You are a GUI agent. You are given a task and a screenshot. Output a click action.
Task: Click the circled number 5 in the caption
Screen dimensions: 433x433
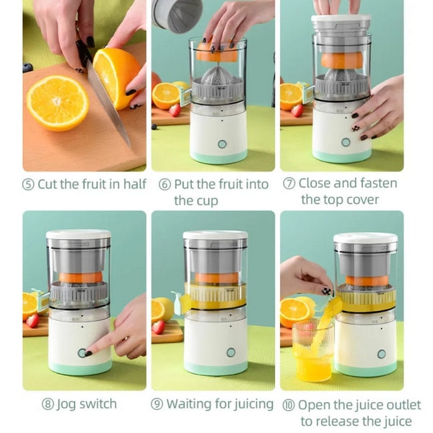pyautogui.click(x=28, y=184)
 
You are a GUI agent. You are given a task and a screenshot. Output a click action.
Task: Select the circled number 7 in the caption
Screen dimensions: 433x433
pyautogui.click(x=289, y=183)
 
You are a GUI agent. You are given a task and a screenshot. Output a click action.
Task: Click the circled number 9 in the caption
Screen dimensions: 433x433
pyautogui.click(x=157, y=405)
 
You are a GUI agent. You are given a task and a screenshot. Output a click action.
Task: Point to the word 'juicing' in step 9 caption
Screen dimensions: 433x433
pyautogui.click(x=250, y=405)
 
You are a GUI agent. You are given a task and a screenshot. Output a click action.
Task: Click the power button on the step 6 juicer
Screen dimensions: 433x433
pyautogui.click(x=222, y=144)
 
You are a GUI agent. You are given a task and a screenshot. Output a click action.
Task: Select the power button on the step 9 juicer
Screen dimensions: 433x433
pyautogui.click(x=231, y=352)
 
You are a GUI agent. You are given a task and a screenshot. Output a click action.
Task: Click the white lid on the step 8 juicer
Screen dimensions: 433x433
pyautogui.click(x=79, y=235)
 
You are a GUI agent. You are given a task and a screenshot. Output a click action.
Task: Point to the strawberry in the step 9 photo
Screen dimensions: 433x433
pyautogui.click(x=159, y=326)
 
